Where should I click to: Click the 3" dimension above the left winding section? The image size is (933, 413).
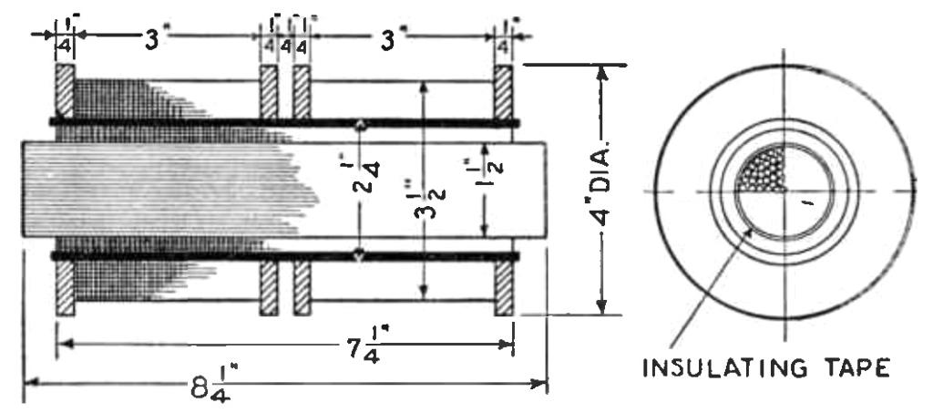(160, 41)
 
